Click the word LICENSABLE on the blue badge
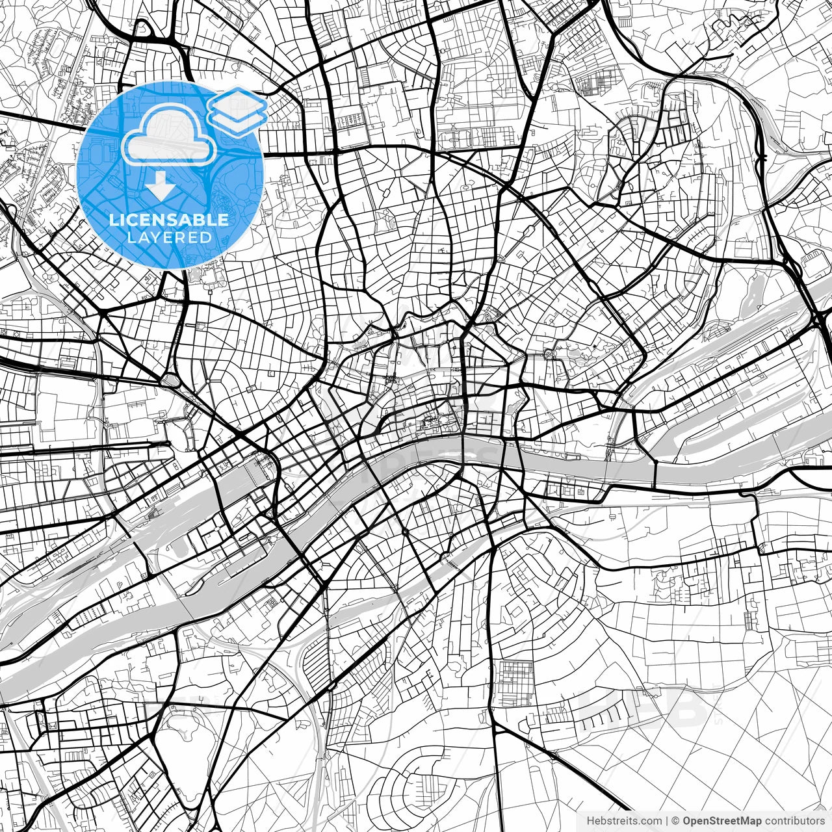(169, 220)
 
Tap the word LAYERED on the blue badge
(170, 238)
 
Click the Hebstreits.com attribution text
(624, 821)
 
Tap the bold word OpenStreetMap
(722, 821)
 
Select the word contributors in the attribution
(794, 821)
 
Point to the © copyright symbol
(676, 821)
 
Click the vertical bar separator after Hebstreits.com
(668, 821)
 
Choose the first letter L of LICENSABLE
(113, 220)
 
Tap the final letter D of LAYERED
(206, 238)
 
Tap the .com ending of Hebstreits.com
(652, 821)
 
